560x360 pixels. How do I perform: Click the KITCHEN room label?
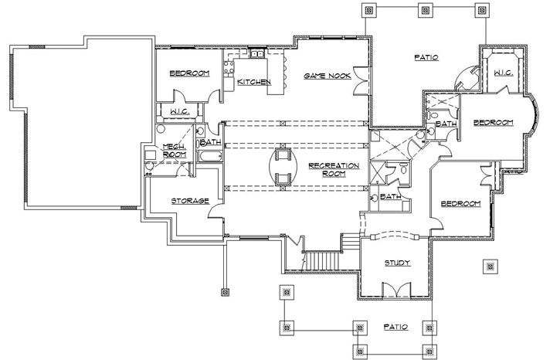point(253,82)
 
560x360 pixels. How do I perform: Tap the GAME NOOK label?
point(328,76)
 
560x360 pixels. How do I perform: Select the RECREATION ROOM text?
point(327,170)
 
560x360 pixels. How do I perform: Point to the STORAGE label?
point(190,201)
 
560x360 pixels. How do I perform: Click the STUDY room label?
point(397,263)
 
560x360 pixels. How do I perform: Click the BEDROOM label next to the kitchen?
point(190,73)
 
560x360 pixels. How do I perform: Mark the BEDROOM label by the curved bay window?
point(493,123)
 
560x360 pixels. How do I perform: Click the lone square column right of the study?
point(488,267)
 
